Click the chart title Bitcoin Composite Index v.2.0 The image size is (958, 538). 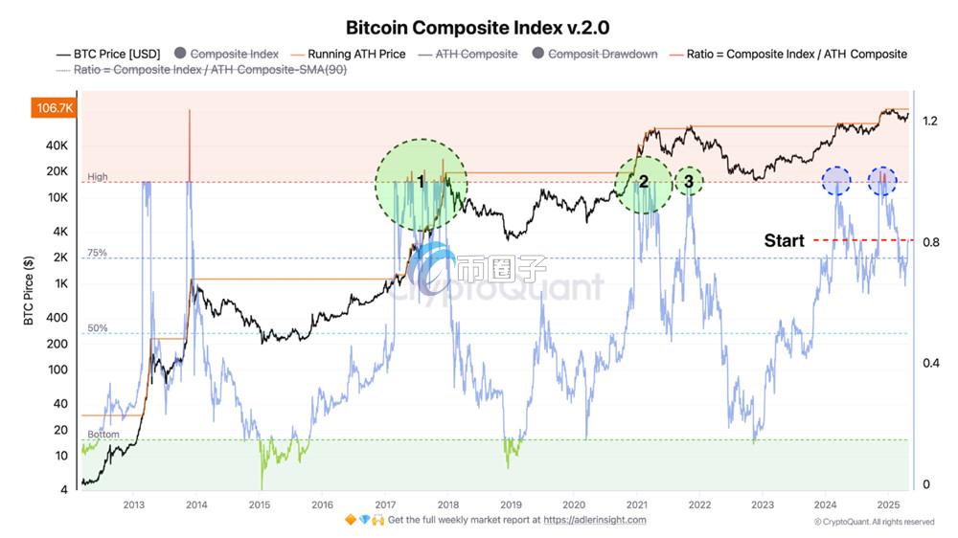(x=477, y=27)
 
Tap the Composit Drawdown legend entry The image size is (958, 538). (x=602, y=55)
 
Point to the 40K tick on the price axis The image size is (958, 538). (x=57, y=146)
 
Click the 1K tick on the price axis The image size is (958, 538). (x=60, y=283)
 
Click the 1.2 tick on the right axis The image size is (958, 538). (x=930, y=122)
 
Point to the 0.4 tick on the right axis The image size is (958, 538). (x=930, y=364)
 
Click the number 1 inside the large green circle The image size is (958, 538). (x=421, y=180)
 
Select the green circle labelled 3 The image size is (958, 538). (x=688, y=180)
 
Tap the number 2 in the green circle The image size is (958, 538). (x=644, y=182)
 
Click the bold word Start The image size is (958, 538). (x=784, y=240)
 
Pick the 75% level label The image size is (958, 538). (x=97, y=253)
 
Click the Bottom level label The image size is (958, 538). (x=103, y=435)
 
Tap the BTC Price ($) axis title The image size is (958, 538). (x=30, y=290)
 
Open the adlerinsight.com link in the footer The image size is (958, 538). (x=595, y=520)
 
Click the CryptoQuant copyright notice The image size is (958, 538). (x=874, y=522)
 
